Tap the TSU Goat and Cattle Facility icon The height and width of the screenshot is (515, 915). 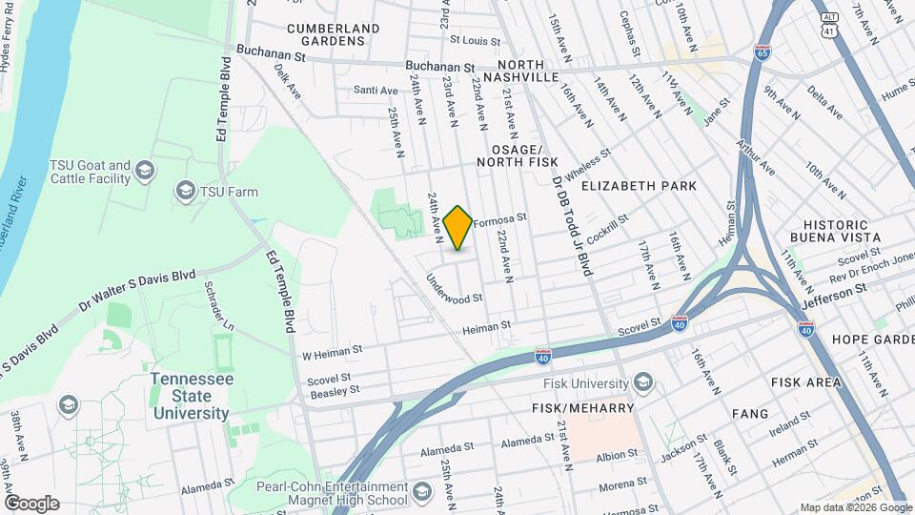coord(145,172)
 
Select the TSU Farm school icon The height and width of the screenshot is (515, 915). coord(185,192)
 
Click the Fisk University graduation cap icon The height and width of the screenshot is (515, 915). coord(644,382)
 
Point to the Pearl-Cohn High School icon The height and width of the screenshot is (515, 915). coord(422,493)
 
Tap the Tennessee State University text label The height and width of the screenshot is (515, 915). coord(191,396)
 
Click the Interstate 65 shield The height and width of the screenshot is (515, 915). coord(762,51)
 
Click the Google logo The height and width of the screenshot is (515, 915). coord(30,503)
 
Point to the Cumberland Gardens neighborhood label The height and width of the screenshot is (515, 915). coord(326,34)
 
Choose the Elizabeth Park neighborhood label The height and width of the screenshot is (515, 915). coord(639,186)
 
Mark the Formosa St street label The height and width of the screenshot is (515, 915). coord(499,219)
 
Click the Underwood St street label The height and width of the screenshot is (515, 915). coord(455,289)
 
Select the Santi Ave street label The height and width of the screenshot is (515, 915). coord(375,91)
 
